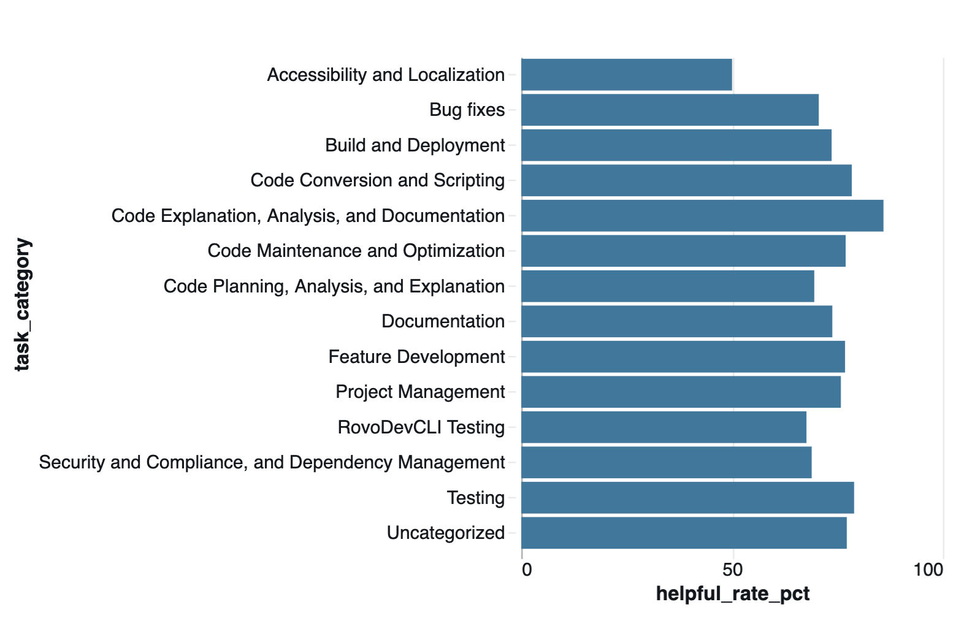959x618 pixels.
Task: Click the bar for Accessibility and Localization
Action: tap(627, 75)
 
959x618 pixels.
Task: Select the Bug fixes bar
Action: tap(670, 110)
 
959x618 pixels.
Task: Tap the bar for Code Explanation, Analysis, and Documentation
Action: tap(702, 216)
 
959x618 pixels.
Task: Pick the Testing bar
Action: tap(687, 498)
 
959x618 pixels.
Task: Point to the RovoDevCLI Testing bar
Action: tap(664, 427)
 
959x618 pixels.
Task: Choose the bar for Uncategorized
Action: tap(684, 533)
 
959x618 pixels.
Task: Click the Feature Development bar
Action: tap(683, 357)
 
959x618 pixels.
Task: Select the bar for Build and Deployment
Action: tap(676, 145)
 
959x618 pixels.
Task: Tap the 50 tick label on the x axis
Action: tap(733, 570)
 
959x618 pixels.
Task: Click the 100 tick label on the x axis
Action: tap(928, 570)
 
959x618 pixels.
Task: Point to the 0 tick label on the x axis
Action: tap(526, 570)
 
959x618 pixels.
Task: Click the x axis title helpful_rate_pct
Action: tap(733, 593)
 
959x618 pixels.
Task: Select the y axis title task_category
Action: tap(22, 304)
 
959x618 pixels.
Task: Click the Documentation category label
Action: tap(443, 321)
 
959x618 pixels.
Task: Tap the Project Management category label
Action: tap(420, 392)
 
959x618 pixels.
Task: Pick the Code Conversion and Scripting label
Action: tap(377, 180)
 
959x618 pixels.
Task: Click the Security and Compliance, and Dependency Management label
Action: tap(272, 462)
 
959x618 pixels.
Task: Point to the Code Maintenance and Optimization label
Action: tap(356, 251)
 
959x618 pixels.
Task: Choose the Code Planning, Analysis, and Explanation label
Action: tap(334, 286)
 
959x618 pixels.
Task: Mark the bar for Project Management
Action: tap(681, 392)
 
